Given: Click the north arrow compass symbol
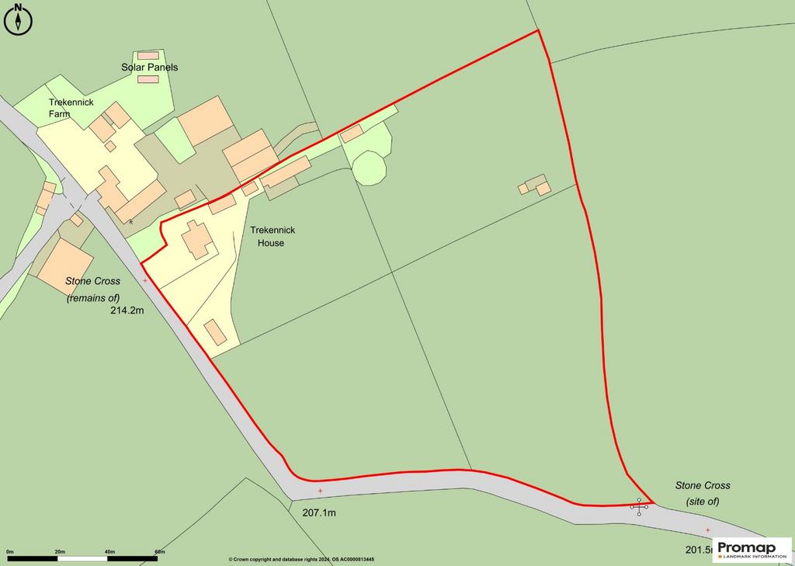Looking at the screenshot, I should point(18,20).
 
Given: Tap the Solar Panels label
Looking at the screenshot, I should point(149,68).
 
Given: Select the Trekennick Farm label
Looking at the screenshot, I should point(71,108).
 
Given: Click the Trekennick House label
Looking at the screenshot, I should point(267,237).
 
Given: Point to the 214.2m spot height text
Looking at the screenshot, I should point(129,311).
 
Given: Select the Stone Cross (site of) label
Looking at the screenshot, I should point(703,493).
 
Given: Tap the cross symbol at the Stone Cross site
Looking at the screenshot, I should point(640,507).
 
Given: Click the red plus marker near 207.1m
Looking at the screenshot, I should point(320,491).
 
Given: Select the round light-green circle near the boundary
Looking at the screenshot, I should point(369,168).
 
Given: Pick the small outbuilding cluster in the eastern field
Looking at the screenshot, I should point(535,186).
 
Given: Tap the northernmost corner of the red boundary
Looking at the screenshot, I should point(537,31).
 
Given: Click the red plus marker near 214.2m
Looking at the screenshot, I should point(145,280).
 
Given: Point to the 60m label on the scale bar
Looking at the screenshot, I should point(159,551).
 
